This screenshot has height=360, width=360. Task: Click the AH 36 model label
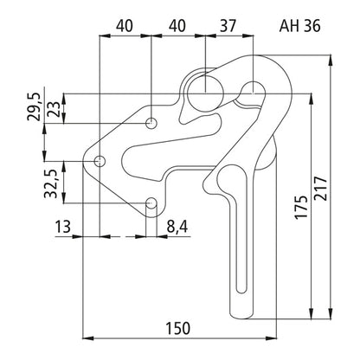click(299, 26)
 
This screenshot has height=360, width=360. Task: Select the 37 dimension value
click(228, 26)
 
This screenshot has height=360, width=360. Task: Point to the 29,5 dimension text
click(33, 106)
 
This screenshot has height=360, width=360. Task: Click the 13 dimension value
click(63, 227)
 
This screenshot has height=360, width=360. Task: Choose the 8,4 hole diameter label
click(177, 227)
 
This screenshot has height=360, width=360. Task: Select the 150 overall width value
click(178, 328)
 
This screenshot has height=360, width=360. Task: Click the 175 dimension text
click(301, 207)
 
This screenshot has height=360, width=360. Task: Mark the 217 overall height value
click(321, 189)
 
